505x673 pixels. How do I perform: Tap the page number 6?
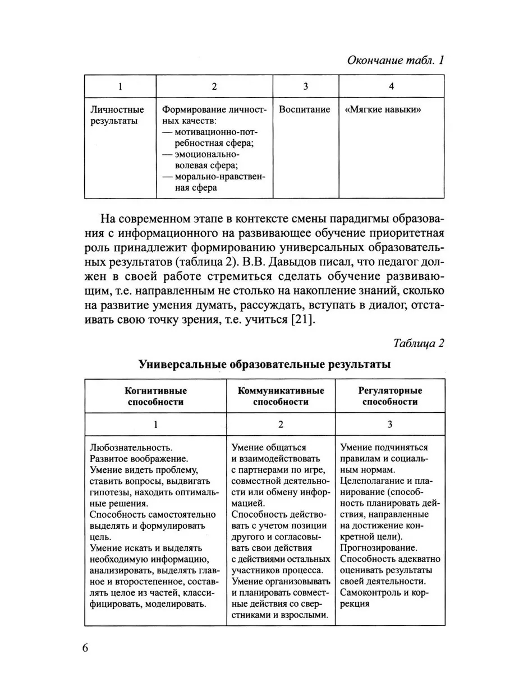tap(85, 648)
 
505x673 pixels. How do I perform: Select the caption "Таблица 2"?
tap(419, 343)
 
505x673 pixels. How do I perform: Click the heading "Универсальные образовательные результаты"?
tap(264, 365)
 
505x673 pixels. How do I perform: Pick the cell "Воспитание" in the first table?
tap(305, 109)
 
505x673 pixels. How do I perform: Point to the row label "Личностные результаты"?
tap(117, 115)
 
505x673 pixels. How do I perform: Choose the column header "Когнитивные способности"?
tap(156, 396)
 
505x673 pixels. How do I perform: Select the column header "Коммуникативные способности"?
tap(281, 396)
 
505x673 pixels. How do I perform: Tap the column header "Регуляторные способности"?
tap(389, 396)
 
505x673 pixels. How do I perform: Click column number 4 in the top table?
tap(391, 86)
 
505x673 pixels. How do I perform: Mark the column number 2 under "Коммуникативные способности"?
tap(281, 424)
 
